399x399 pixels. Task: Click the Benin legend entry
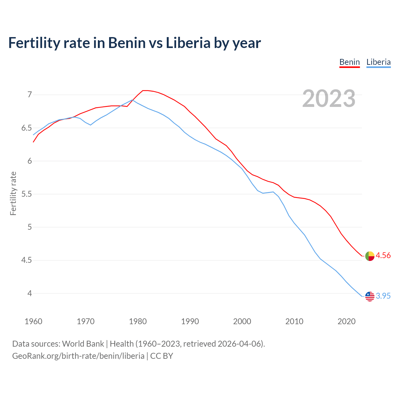click(x=349, y=62)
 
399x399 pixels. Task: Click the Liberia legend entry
click(x=378, y=62)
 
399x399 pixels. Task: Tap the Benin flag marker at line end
click(x=370, y=256)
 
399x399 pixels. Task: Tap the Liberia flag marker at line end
click(x=370, y=296)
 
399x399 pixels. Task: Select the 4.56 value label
click(x=383, y=256)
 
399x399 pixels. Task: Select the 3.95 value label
click(x=383, y=296)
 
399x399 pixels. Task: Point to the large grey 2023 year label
click(x=329, y=99)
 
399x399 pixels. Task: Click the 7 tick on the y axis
click(x=30, y=94)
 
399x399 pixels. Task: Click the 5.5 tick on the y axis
click(x=26, y=194)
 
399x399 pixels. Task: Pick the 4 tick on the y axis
click(x=30, y=293)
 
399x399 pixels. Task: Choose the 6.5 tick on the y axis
click(x=26, y=128)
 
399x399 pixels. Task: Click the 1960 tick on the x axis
click(x=33, y=321)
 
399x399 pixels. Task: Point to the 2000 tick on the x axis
click(x=242, y=321)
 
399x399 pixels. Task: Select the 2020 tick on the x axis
click(x=346, y=321)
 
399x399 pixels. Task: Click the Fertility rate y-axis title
click(x=13, y=193)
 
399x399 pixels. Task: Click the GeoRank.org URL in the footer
click(x=78, y=356)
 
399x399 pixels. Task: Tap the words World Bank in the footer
click(x=83, y=344)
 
